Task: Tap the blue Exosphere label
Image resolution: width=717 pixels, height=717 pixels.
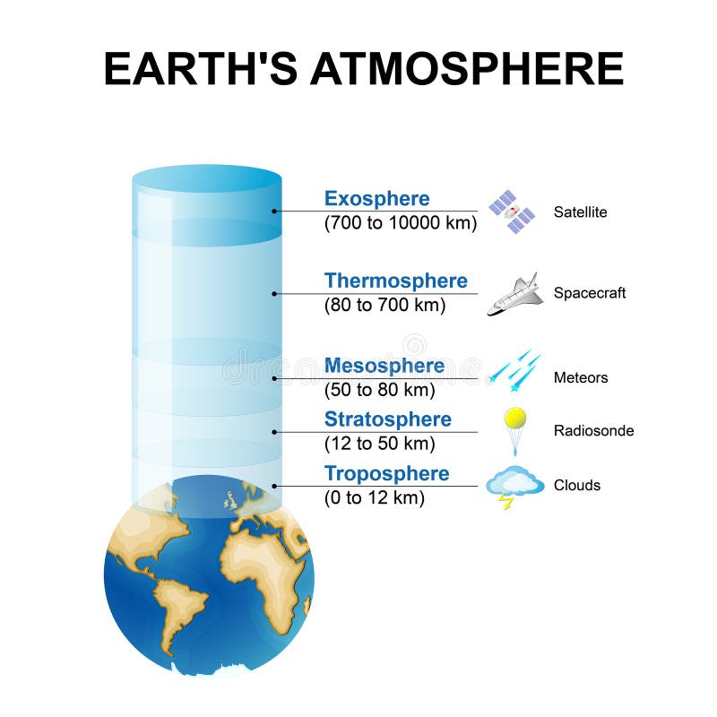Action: [x=376, y=199]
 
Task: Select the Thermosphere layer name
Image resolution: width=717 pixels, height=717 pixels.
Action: [x=395, y=281]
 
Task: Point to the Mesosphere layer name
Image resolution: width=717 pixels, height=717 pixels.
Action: [x=384, y=366]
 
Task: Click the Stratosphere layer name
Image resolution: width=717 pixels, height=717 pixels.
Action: [x=387, y=419]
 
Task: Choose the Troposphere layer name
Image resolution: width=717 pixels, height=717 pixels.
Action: [x=386, y=474]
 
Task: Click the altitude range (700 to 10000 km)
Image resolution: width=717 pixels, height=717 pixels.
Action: [x=400, y=223]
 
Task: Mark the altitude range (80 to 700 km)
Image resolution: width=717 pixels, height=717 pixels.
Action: [x=384, y=305]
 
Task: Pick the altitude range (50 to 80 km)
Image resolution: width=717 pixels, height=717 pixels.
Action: [x=379, y=390]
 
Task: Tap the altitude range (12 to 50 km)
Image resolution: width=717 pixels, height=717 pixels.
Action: [x=379, y=444]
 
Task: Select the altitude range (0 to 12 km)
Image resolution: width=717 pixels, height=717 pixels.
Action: [x=374, y=498]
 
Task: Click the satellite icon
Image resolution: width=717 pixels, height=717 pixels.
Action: [x=512, y=212]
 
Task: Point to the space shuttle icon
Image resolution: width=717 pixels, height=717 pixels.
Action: [x=515, y=294]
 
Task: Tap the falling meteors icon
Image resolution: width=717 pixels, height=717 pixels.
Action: [x=514, y=370]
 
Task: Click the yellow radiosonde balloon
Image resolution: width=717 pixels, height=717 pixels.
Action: [x=514, y=419]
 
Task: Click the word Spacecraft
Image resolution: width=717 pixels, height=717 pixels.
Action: [x=590, y=293]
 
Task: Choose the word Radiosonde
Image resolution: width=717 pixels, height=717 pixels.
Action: [x=593, y=431]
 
